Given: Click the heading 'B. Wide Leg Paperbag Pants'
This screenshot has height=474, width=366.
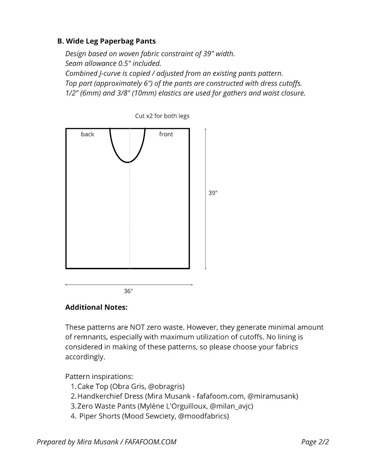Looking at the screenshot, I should click(106, 41).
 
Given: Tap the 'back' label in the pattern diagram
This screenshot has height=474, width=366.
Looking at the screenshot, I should click(87, 134).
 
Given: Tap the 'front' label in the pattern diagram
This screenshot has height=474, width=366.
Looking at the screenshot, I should click(166, 134).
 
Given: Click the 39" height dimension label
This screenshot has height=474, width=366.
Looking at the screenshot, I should click(213, 193).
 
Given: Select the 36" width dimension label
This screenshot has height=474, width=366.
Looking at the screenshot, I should click(128, 291).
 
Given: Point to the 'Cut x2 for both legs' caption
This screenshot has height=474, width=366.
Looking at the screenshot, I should click(162, 116).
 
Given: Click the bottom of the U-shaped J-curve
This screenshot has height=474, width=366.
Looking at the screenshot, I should click(128, 162).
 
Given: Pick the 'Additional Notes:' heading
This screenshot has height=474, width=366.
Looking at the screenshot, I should click(96, 307).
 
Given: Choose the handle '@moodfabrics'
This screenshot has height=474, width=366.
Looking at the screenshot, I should click(203, 416).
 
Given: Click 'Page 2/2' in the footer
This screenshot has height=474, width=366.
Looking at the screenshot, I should click(315, 442).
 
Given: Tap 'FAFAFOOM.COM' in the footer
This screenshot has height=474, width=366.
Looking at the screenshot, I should click(150, 442).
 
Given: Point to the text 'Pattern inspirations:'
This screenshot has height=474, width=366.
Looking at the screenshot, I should click(99, 377).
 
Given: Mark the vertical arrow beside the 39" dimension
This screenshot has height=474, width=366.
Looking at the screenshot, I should click(206, 199).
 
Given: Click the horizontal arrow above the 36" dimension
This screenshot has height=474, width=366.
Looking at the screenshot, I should click(129, 285).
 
